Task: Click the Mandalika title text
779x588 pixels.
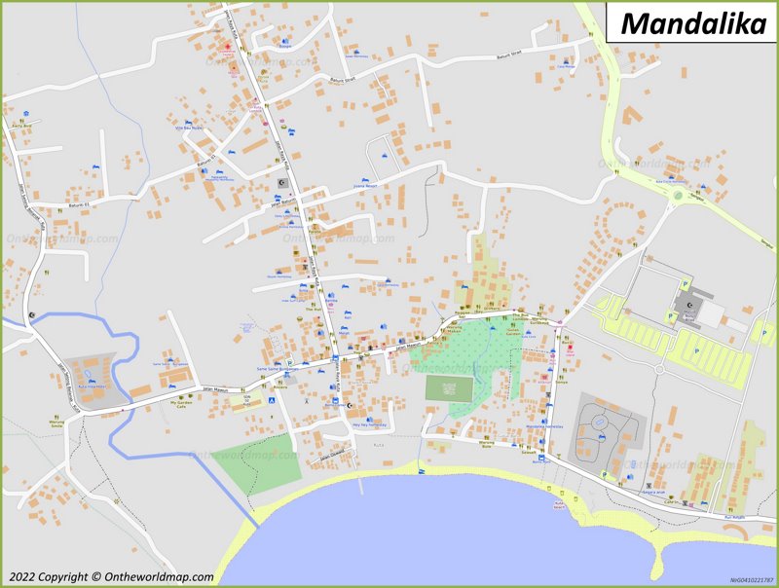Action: (692, 22)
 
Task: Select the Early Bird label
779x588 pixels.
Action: (21, 126)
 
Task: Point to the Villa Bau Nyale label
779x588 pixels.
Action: (188, 128)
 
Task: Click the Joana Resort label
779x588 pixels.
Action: (365, 185)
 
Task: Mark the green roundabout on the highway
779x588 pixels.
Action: (676, 198)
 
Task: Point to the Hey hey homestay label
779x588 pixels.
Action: (369, 424)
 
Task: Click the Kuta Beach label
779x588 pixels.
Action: (559, 506)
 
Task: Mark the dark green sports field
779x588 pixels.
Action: (449, 388)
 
